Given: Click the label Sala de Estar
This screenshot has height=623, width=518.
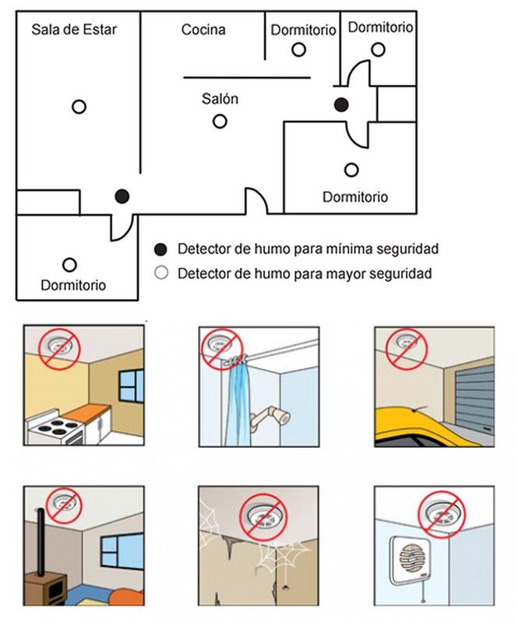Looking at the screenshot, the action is [74, 30].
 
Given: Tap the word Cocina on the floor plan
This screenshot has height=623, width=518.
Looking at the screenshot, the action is [203, 30].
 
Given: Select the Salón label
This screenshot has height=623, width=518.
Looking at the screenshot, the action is [220, 98].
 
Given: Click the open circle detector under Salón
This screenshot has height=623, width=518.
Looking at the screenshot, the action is [220, 121].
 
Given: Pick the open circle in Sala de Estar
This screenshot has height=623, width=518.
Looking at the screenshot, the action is [79, 107].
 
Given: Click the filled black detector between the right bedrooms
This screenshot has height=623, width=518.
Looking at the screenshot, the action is [341, 105].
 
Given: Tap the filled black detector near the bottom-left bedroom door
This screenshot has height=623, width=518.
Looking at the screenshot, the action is [122, 196].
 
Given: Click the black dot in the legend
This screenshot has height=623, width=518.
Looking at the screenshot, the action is [160, 249].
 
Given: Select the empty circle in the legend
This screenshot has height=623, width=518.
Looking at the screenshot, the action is [161, 273].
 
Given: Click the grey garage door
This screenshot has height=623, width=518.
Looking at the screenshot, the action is [474, 400].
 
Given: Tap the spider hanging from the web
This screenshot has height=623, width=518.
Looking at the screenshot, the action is [285, 586].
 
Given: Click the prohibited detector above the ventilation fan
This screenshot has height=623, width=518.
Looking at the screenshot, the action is [442, 515].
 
